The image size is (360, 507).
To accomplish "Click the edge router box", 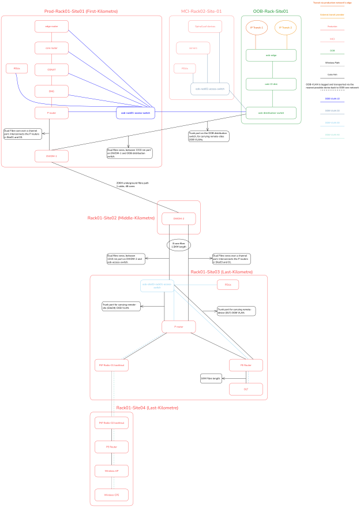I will tap(51, 26).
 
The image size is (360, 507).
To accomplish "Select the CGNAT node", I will tap(51, 69).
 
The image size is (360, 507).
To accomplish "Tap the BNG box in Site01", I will tap(51, 91).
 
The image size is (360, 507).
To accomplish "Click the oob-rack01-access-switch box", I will tap(134, 113).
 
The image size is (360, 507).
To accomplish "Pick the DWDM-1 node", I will tap(51, 156).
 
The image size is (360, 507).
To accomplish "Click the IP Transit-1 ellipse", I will tap(256, 28).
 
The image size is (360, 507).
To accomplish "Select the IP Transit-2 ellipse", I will tap(285, 28).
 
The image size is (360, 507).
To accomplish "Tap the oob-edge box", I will tap(271, 55).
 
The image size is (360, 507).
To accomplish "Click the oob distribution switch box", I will tap(271, 113).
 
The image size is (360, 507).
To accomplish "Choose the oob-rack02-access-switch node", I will tap(210, 89).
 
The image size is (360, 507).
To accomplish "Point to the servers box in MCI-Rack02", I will tap(193, 47).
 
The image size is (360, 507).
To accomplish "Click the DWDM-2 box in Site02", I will tap(178, 218).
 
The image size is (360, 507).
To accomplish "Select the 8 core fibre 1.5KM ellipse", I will tap(178, 245).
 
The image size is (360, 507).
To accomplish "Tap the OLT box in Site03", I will tap(246, 389).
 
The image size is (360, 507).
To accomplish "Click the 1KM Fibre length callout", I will tap(211, 379).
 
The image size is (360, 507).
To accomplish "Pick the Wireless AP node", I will tap(111, 471).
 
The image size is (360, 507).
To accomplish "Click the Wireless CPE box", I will tap(111, 495).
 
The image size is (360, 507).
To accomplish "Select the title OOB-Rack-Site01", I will tap(271, 11).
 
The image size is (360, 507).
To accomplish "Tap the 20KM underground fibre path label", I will tap(132, 185).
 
